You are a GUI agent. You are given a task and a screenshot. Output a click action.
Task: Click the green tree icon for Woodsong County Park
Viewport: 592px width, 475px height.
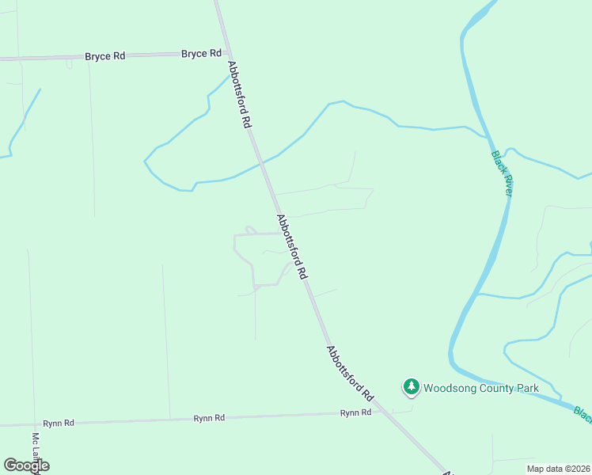411,387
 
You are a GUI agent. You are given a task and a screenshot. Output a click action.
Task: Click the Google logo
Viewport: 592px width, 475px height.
26,465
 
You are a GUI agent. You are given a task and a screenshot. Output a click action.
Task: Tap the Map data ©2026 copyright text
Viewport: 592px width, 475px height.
558,469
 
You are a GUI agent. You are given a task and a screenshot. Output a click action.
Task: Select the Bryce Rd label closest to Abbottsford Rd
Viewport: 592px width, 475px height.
201,54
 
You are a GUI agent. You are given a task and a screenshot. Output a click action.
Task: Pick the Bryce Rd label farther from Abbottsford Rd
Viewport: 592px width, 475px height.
104,57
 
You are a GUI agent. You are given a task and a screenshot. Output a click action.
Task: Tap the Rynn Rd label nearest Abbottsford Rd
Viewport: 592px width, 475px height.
355,413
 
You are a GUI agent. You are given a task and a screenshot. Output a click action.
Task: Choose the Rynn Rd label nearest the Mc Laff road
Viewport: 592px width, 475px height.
59,424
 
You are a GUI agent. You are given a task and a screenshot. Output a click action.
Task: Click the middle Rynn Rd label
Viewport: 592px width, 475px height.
209,418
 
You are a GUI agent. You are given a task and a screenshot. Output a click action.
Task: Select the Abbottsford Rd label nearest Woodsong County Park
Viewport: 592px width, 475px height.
349,372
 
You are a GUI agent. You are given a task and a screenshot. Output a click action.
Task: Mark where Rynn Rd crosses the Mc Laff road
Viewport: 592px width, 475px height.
34,424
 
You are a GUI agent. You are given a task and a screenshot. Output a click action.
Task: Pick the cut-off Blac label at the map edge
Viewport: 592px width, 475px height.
583,414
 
